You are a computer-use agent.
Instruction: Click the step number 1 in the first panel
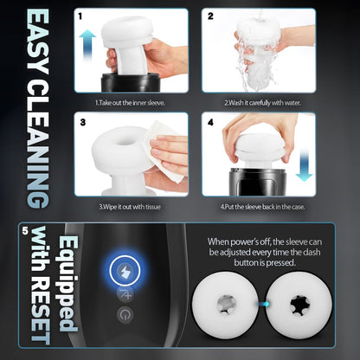click(x=80, y=16)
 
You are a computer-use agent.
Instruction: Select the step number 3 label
click(x=80, y=124)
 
